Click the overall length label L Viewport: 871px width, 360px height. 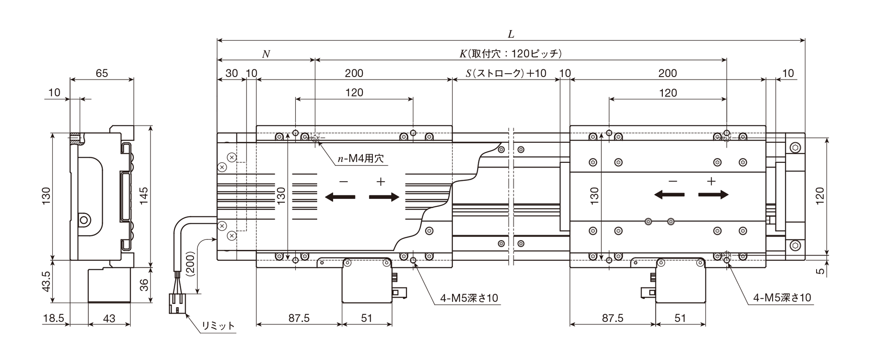tap(511, 34)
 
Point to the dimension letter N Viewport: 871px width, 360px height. tap(266, 54)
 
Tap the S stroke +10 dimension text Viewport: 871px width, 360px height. tap(506, 73)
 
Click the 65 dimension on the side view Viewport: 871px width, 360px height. tap(101, 73)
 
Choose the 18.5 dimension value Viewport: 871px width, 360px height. tap(54, 319)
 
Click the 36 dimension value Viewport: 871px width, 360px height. tap(144, 285)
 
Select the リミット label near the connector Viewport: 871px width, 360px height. tap(218, 326)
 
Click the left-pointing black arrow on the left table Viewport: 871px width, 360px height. tap(340, 197)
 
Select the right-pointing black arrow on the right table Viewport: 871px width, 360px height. tap(713, 195)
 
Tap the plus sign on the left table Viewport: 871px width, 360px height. tap(381, 182)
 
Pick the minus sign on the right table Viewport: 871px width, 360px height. tap(673, 181)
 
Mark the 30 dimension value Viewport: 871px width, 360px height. tap(232, 73)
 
